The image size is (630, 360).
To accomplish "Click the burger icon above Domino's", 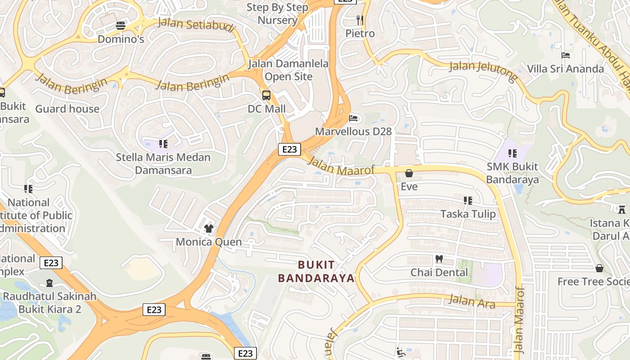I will (120, 26).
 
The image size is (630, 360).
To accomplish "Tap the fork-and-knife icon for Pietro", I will (360, 20).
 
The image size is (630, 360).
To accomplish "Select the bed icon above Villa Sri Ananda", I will (566, 55).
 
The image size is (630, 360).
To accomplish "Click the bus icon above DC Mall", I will (266, 95).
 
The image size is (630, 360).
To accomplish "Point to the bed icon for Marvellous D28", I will (354, 118).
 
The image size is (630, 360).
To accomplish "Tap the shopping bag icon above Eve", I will (409, 173).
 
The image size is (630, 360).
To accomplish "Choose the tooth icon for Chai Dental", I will (439, 259).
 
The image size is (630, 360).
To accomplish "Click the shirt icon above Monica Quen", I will (208, 229).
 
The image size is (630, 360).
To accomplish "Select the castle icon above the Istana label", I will (622, 209).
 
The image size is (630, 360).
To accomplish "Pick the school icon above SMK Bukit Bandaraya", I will (512, 153).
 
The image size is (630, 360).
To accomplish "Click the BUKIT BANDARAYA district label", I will (316, 271).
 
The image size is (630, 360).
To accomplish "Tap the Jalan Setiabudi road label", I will (197, 25).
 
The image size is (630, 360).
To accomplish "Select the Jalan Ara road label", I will (472, 301).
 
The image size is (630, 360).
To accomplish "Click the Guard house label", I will (67, 109).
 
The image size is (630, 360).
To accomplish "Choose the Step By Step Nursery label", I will (278, 13).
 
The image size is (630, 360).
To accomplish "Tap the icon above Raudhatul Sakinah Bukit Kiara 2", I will (49, 283).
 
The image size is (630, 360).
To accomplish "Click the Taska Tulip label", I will (468, 214).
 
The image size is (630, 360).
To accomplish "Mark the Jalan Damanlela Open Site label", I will (288, 70).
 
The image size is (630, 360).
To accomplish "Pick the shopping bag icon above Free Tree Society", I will (599, 268).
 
